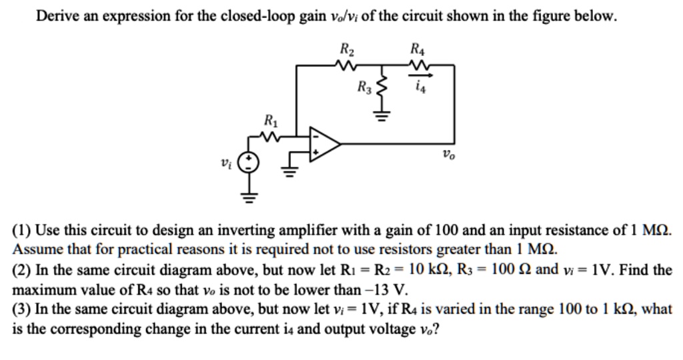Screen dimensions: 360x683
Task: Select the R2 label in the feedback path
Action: point(348,49)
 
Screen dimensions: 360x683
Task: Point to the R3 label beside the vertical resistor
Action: point(364,87)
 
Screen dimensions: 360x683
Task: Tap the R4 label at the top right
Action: point(418,49)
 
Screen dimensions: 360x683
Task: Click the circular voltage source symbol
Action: point(247,162)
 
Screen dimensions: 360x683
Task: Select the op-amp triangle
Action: point(324,143)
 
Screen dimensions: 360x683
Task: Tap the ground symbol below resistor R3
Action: point(382,121)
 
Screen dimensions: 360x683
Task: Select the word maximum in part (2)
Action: point(43,290)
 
